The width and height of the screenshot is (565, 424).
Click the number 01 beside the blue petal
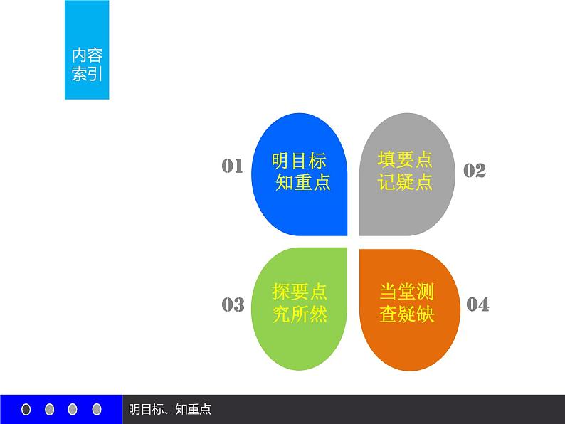[x=233, y=166]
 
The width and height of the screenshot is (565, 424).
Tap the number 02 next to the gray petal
[x=475, y=170]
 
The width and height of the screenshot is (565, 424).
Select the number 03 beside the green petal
[x=233, y=304]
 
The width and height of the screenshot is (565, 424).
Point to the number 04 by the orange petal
[x=477, y=304]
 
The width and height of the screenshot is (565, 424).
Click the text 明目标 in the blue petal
[x=299, y=160]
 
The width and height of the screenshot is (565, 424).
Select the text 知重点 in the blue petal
[x=303, y=183]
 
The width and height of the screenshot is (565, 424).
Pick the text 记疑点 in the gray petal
[x=406, y=182]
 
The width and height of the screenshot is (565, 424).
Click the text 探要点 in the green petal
[x=300, y=292]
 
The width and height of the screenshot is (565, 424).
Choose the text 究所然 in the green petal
[x=300, y=314]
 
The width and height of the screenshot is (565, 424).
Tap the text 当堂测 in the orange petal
[x=406, y=292]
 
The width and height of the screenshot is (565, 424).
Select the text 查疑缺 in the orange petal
[x=406, y=314]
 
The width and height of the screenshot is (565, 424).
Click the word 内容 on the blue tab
[x=88, y=56]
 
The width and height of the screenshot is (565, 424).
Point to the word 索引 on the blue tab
[x=88, y=74]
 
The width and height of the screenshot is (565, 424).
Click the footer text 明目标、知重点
[x=170, y=409]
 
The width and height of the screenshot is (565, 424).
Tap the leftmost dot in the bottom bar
[x=27, y=409]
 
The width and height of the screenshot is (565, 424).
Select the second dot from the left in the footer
[x=50, y=409]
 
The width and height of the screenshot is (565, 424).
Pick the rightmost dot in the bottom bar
[x=97, y=409]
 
